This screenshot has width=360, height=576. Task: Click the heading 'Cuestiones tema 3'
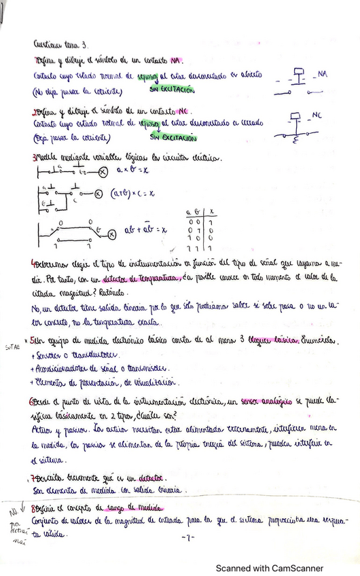pos(58,45)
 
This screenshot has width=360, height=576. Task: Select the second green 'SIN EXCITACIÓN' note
pos(173,138)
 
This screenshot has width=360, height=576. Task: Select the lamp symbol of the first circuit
pos(103,173)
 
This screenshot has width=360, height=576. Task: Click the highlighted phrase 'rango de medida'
pos(138,507)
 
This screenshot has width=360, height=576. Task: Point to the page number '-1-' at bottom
pos(188,537)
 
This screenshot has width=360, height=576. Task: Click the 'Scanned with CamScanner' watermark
pos(270,568)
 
